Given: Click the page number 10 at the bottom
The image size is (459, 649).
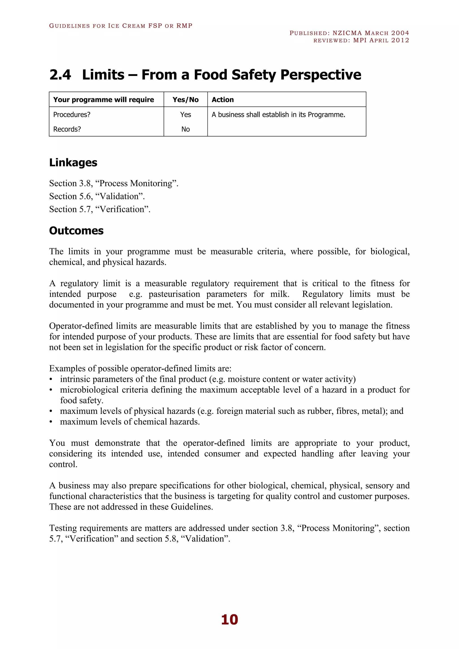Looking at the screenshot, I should coord(229,620).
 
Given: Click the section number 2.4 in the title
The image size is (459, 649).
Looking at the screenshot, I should coord(60,75).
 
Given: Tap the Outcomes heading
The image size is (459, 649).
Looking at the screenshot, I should coord(76,231).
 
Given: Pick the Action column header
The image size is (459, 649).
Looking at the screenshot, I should coord(223,100).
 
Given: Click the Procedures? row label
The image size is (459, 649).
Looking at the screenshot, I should coord(72,115).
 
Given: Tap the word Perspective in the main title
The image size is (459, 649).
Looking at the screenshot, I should coord(320,75).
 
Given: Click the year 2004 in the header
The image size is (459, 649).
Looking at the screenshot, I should coord(400,33).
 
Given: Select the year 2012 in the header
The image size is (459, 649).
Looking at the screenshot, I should coord(400,40).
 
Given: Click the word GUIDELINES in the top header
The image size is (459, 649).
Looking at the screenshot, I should coord(69,26).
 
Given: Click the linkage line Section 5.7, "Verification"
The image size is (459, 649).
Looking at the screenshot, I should coord(100,209).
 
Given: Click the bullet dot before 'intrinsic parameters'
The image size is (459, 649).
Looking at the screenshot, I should coord(51,380).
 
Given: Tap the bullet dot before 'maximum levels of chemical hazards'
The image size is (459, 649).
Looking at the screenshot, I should coord(51,422).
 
